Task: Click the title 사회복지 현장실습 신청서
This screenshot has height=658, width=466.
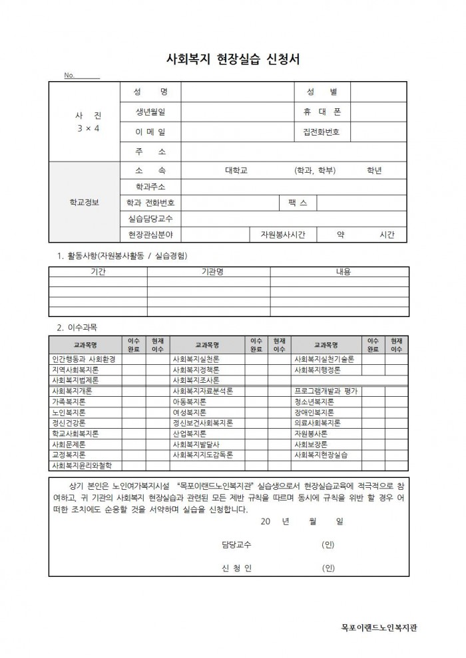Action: pos(232,58)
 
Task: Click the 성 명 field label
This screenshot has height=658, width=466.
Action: pos(150,92)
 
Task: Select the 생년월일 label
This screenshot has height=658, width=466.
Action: pos(150,112)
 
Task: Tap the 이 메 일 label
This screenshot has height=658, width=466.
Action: pos(150,132)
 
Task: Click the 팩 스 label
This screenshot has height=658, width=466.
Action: pos(298,202)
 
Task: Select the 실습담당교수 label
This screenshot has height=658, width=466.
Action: pos(150,218)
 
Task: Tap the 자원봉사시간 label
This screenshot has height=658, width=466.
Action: pos(278,235)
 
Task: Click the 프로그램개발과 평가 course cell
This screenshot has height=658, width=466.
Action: pos(326,391)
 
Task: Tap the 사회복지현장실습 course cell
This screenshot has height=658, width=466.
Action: pos(321,455)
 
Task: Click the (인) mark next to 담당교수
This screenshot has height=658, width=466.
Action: pos(328,545)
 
